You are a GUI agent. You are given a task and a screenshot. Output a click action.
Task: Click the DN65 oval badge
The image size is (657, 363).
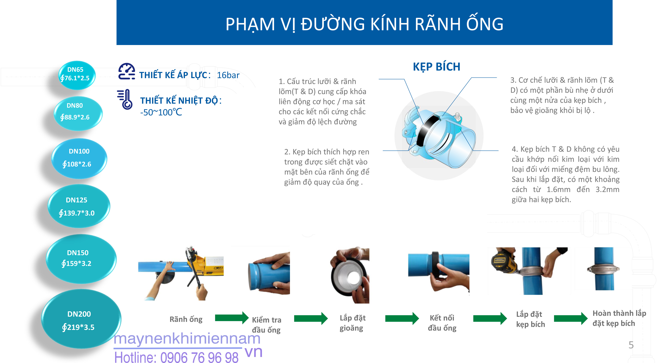coord(77,75)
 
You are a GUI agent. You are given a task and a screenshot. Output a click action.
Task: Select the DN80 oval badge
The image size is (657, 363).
coord(78,114)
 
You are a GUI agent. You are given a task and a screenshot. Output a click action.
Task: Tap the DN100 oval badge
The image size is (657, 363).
coord(79,158)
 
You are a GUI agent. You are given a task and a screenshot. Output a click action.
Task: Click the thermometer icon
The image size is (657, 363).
coord(125,99)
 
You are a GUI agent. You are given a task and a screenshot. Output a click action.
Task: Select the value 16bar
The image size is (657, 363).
coord(228,75)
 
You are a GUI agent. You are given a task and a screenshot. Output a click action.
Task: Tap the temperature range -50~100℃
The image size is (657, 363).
coord(161,112)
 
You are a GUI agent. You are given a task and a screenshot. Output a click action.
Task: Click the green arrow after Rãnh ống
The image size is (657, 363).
coord(232,318)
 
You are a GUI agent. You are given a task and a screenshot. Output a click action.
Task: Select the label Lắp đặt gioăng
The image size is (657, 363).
coord(352,323)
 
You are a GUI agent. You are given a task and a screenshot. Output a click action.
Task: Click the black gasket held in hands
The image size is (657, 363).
coord(349,276)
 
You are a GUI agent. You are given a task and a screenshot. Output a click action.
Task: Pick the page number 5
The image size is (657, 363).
coord(631,345)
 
